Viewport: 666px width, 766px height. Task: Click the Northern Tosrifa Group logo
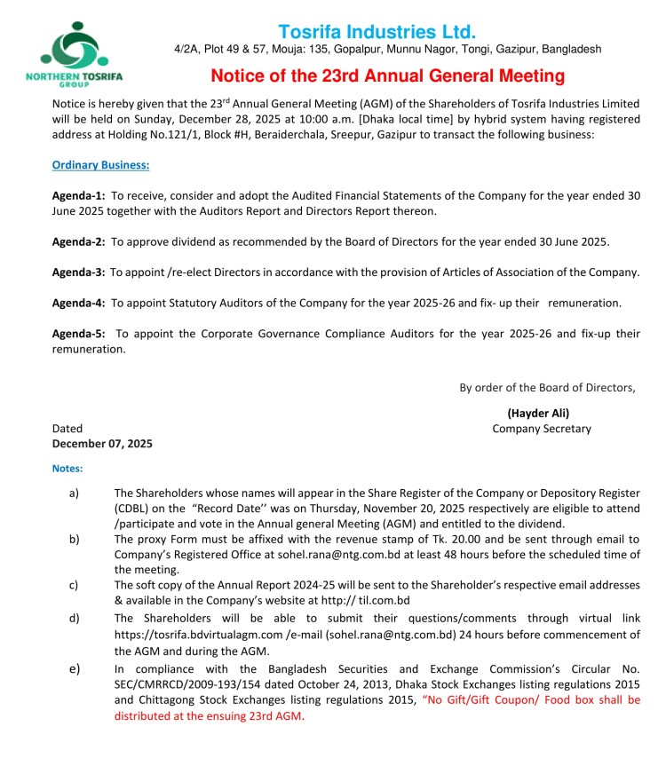tap(88, 52)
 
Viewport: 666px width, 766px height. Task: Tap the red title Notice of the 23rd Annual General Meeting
tap(388, 75)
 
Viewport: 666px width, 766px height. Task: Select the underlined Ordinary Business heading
tap(100, 164)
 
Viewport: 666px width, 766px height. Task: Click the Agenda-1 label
tap(78, 194)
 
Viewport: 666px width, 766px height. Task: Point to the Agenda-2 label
tap(78, 241)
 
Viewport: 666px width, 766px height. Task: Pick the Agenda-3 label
tap(78, 272)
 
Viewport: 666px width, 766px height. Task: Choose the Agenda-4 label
tap(78, 303)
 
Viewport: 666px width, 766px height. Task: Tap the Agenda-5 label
tap(78, 333)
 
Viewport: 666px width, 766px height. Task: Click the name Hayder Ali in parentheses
tap(538, 413)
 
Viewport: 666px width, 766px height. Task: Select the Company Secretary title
tap(542, 429)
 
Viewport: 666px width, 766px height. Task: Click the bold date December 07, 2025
tap(102, 444)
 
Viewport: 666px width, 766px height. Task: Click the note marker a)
tap(75, 492)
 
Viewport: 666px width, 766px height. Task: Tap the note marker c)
tap(75, 585)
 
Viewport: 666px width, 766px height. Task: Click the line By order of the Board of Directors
tap(547, 387)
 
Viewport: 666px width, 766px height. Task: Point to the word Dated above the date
tap(67, 429)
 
